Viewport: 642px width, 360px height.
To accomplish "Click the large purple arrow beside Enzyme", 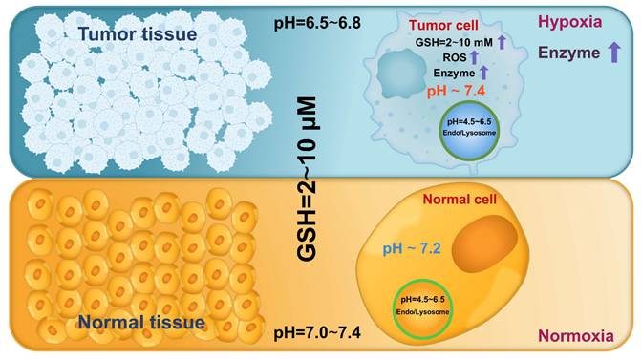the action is (614, 54).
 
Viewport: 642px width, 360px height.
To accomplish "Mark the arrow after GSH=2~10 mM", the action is (500, 40).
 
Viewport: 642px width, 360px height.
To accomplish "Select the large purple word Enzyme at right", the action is (567, 55).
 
